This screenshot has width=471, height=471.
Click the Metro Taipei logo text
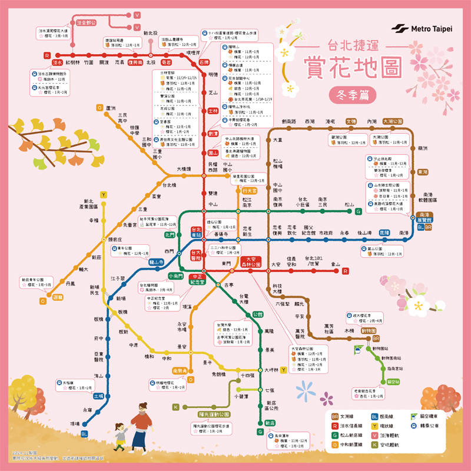pyautogui.click(x=431, y=29)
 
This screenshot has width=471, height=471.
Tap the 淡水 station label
pyautogui.click(x=58, y=61)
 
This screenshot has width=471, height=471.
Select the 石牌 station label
pyautogui.click(x=204, y=62)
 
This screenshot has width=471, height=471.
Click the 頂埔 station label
pyautogui.click(x=75, y=423)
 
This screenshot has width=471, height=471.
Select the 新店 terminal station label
pyautogui.click(x=269, y=423)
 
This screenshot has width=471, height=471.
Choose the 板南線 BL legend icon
pyautogui.click(x=374, y=417)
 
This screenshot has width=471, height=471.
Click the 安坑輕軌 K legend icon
pyautogui.click(x=374, y=445)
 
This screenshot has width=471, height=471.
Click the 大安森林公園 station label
pyautogui.click(x=252, y=262)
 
